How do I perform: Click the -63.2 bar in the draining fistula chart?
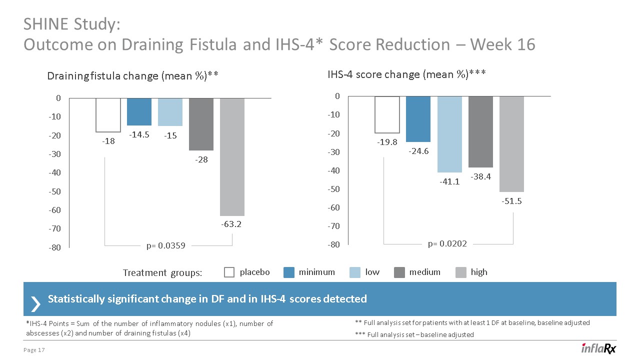point(232,156)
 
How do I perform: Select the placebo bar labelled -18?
point(108,114)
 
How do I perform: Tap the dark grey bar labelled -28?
point(201,124)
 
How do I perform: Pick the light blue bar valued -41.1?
point(449,134)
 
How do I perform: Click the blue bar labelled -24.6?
point(418,119)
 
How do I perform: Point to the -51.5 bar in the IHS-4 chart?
point(511,144)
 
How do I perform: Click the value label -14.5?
point(139,134)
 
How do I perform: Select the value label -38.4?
point(480,176)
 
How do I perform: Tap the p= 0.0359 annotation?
point(166,245)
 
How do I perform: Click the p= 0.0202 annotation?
point(447,243)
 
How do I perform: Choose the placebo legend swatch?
point(229,272)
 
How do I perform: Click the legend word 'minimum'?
point(316,272)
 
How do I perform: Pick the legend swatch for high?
point(461,272)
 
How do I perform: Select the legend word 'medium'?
point(424,272)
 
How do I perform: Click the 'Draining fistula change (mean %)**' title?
point(133,76)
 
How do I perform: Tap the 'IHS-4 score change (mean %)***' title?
point(406,74)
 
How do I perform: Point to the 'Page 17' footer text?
point(34,350)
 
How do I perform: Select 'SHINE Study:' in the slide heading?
point(72,24)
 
